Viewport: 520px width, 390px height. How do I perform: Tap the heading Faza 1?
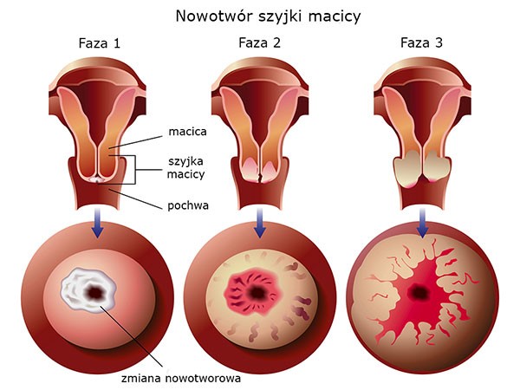point(99,43)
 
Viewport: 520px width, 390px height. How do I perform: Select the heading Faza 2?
point(259,42)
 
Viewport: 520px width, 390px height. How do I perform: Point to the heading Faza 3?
point(421,42)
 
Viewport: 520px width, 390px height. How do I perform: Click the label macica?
point(187,132)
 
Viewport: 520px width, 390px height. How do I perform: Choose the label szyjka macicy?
point(185,168)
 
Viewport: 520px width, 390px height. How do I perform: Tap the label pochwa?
point(188,205)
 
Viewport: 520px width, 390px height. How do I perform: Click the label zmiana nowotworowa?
point(181,378)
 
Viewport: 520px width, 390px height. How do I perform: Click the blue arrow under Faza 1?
point(97,223)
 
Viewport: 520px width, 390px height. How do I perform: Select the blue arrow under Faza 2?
point(260,223)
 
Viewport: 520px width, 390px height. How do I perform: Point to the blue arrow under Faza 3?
point(422,223)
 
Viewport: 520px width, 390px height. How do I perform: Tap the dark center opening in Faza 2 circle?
point(257,293)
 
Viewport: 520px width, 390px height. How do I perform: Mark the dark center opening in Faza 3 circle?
point(419,292)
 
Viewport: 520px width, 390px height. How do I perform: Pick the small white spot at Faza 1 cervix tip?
point(97,179)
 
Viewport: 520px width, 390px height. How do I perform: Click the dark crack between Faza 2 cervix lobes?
point(260,176)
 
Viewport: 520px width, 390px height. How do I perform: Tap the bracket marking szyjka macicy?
point(135,170)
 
